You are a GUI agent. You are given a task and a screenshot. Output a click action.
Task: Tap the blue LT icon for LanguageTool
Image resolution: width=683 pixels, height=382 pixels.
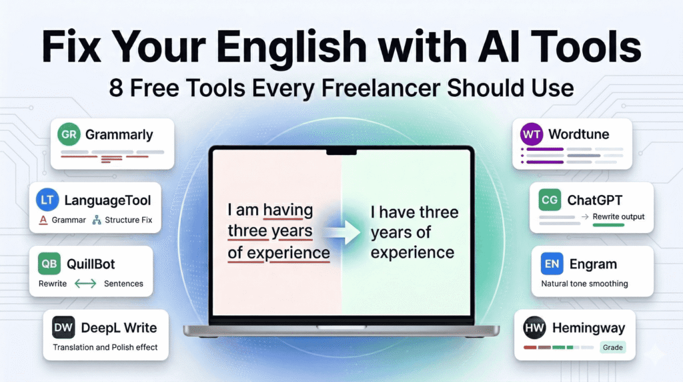(48, 199)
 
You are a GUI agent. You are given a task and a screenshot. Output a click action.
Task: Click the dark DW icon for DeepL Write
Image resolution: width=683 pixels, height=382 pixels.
(63, 327)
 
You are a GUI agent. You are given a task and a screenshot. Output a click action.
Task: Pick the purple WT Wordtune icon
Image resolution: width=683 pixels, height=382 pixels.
(532, 134)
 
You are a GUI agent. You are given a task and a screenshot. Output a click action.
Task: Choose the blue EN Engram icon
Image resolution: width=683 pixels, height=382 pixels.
(551, 264)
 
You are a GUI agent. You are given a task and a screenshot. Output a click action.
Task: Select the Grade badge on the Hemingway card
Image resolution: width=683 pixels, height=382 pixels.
(612, 347)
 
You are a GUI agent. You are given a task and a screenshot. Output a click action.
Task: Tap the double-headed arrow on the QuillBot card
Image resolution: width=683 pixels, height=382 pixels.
(85, 284)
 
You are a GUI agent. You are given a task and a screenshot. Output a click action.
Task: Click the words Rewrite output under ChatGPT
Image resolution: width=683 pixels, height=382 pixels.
(618, 217)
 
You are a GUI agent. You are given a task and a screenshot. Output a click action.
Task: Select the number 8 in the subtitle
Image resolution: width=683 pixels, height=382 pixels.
(117, 89)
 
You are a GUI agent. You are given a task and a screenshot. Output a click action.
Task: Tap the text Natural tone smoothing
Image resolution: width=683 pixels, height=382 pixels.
(584, 284)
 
